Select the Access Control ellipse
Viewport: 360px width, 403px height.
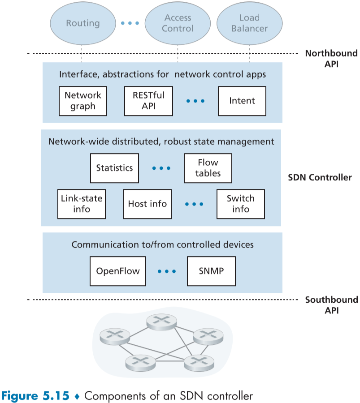178,23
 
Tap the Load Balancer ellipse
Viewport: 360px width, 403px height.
249,23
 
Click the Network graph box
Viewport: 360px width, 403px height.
83,101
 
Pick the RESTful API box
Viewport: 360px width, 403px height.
148,101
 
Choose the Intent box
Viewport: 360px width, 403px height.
242,101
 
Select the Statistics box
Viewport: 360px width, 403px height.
114,168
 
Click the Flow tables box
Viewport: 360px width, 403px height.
208,168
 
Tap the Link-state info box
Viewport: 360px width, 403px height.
82,204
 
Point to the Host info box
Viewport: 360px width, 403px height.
147,204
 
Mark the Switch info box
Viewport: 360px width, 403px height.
241,204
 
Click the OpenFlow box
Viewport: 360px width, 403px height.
118,271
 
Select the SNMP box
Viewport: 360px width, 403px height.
211,271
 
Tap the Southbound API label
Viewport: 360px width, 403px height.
331,305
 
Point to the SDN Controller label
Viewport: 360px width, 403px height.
320,178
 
